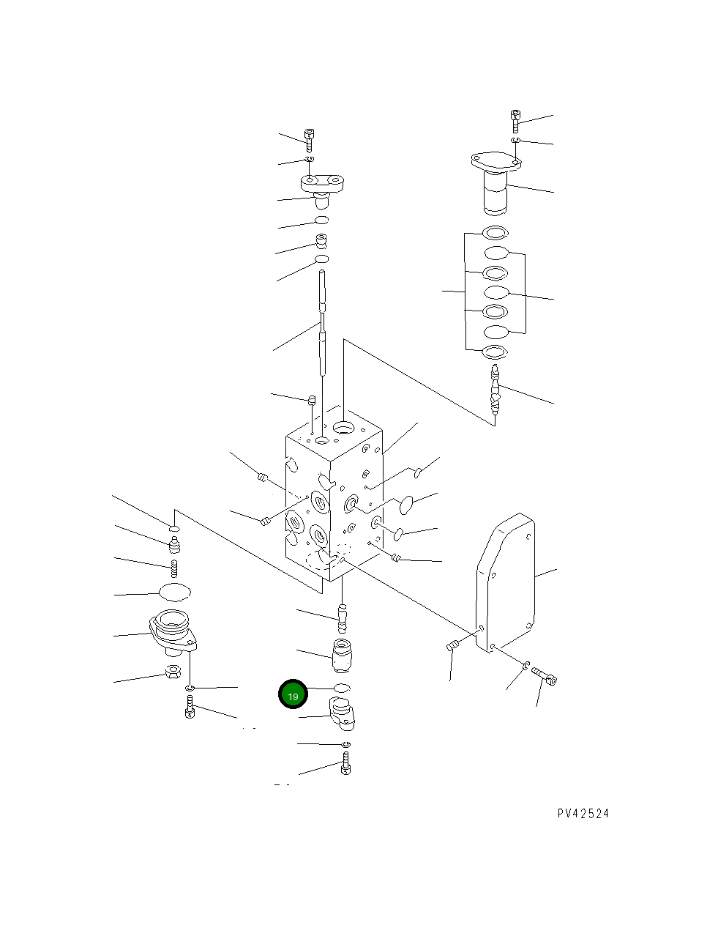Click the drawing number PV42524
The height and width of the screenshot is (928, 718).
pyautogui.click(x=583, y=814)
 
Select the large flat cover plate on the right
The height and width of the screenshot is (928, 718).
pyautogui.click(x=506, y=582)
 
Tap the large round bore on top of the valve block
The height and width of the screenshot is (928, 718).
pyautogui.click(x=343, y=427)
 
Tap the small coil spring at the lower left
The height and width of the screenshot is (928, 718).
pyautogui.click(x=174, y=567)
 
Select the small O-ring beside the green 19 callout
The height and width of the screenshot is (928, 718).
pyautogui.click(x=342, y=688)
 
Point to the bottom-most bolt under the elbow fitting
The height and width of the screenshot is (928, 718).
pyautogui.click(x=346, y=766)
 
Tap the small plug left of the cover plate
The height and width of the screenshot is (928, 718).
pyautogui.click(x=452, y=645)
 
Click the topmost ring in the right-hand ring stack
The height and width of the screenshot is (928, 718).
pyautogui.click(x=496, y=234)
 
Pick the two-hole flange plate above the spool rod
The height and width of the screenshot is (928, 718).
pyautogui.click(x=323, y=182)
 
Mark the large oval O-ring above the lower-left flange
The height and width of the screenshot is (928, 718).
pyautogui.click(x=174, y=592)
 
